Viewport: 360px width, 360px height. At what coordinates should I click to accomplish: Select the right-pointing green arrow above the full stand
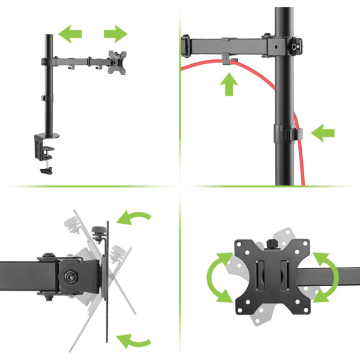tap(115, 32)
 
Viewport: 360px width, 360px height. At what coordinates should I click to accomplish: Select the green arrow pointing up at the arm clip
tap(229, 84)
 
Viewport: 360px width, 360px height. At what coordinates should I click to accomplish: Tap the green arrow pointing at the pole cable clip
tap(323, 133)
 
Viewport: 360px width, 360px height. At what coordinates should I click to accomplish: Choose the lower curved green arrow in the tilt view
tap(134, 341)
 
